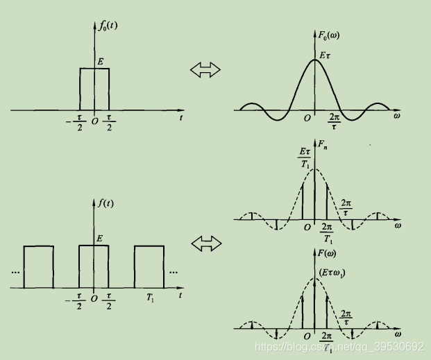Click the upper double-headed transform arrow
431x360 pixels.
point(205,69)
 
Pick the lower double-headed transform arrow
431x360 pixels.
point(205,243)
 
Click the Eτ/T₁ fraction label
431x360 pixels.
point(304,157)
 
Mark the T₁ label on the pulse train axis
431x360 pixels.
point(150,297)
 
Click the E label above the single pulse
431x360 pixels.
point(101,62)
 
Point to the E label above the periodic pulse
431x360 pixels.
point(101,238)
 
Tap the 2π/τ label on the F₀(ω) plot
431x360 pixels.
point(334,122)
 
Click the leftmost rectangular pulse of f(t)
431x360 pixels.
point(38,266)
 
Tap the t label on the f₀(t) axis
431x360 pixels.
point(180,119)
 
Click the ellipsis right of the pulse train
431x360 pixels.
point(174,272)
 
